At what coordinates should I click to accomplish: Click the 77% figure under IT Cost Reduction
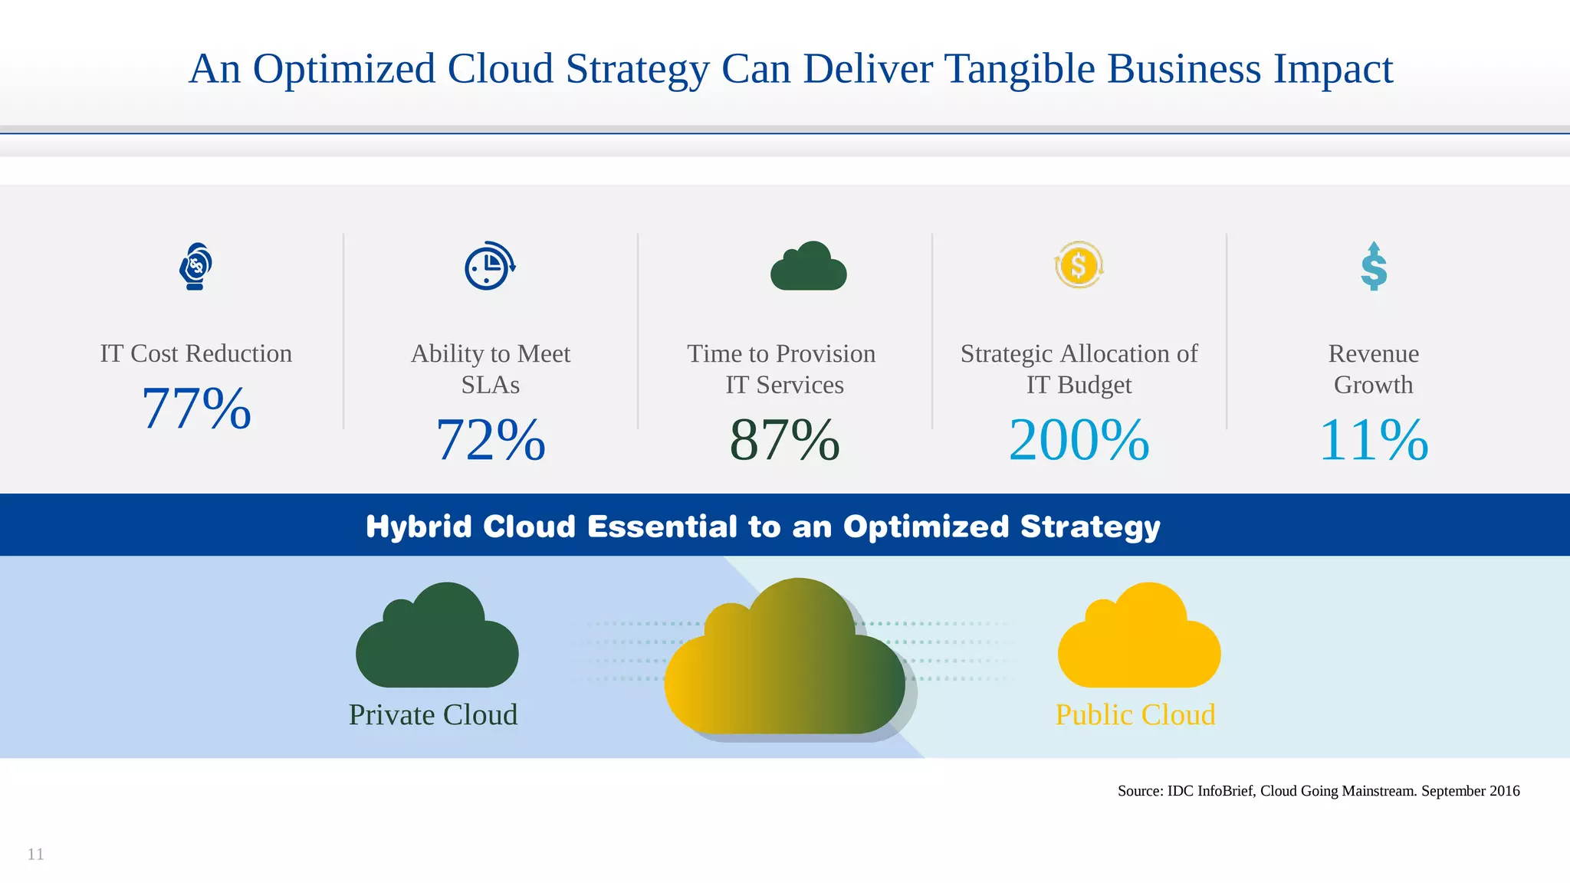click(x=196, y=409)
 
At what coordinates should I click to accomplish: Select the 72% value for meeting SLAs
click(x=491, y=440)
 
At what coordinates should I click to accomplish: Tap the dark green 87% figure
click(x=784, y=440)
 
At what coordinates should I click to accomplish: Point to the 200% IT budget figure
click(x=1079, y=440)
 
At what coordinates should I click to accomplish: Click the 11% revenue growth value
click(x=1373, y=440)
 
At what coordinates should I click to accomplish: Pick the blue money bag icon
click(x=195, y=266)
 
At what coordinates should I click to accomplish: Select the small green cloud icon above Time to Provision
click(x=809, y=268)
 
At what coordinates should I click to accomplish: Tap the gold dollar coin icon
click(x=1079, y=265)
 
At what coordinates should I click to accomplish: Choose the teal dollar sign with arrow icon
click(x=1374, y=267)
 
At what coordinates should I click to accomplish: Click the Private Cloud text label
click(x=433, y=714)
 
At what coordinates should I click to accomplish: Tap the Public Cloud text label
click(x=1135, y=714)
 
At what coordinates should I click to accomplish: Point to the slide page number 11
click(x=36, y=854)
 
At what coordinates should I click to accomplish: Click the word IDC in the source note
click(x=1181, y=791)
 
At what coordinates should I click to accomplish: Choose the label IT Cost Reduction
click(x=196, y=353)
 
